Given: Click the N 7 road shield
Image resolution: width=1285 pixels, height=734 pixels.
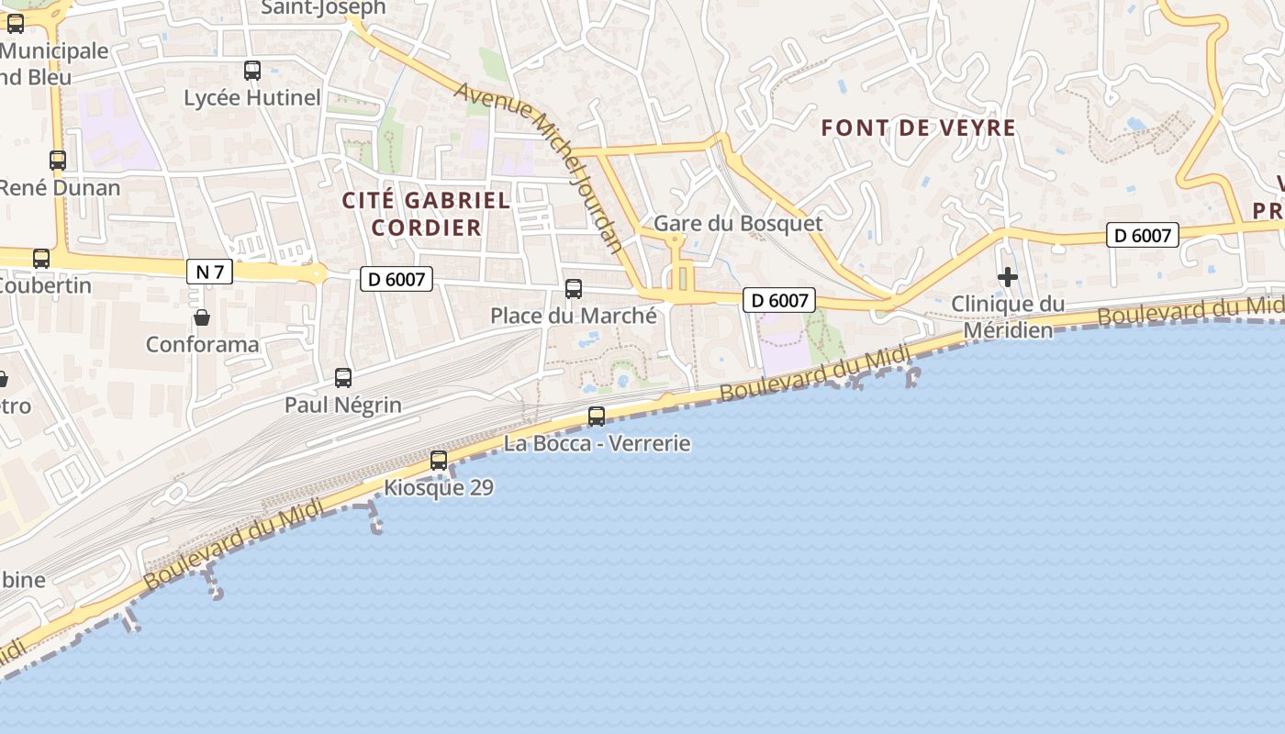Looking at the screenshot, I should (210, 272).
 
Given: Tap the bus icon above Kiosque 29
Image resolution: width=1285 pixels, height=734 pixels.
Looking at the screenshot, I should (439, 460).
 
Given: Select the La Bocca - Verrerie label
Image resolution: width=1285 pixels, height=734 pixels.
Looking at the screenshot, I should (597, 444).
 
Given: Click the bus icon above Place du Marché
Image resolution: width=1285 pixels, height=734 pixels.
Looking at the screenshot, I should (574, 289).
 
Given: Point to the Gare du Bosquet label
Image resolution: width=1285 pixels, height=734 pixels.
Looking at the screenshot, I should (738, 224).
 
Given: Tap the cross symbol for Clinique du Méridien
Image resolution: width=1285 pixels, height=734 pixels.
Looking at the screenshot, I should (1008, 276).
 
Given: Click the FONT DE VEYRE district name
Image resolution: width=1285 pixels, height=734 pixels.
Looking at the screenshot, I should (919, 128).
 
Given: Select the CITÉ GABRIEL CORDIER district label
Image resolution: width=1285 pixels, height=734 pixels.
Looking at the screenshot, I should (426, 214).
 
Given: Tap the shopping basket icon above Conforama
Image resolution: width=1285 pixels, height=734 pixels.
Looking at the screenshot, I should (202, 317).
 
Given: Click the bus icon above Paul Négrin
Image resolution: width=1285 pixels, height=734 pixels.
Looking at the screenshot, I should (343, 377).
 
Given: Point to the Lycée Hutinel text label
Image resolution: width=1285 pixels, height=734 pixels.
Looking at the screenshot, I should (252, 98).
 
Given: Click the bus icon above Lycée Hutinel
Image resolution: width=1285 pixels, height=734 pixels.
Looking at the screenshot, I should (252, 70).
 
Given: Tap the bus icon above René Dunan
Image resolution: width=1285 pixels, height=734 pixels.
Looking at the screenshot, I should (58, 160).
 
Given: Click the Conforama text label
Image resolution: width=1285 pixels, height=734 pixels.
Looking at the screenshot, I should (203, 346).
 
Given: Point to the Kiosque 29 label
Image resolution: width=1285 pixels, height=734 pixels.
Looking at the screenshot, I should (439, 488).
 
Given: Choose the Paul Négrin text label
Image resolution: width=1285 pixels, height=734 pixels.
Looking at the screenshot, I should (343, 406).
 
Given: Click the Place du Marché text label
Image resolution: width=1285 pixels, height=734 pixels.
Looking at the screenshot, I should (574, 317).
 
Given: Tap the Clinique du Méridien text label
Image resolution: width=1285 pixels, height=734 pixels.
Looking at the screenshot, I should (1008, 317).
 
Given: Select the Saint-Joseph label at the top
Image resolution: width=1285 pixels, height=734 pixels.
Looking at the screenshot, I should (324, 8).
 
